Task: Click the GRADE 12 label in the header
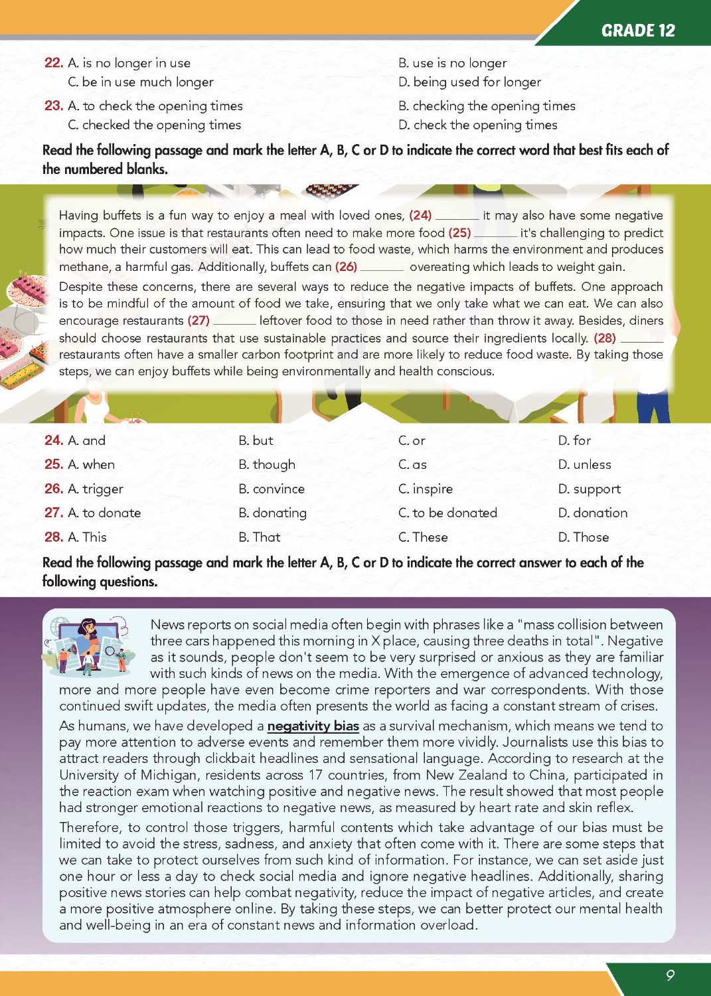click(x=637, y=31)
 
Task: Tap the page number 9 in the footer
click(x=670, y=975)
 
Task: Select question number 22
click(x=53, y=63)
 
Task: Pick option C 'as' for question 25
click(x=412, y=465)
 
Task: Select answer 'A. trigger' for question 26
click(x=96, y=489)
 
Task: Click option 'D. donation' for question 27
click(x=592, y=513)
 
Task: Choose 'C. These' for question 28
click(x=423, y=537)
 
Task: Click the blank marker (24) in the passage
click(x=420, y=215)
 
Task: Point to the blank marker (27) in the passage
click(x=198, y=321)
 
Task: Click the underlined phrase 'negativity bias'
click(x=313, y=726)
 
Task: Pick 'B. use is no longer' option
click(x=452, y=63)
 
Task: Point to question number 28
click(x=53, y=537)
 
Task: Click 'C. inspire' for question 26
click(x=425, y=489)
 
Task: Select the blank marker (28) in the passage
click(x=604, y=338)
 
